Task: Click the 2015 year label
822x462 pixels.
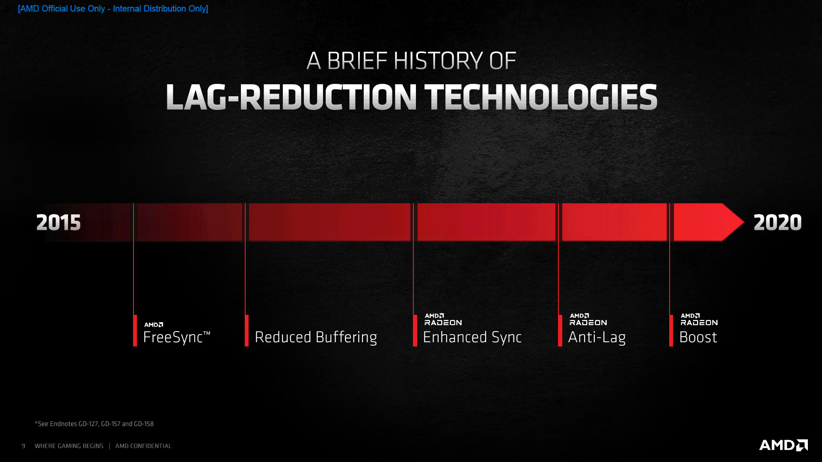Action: click(59, 222)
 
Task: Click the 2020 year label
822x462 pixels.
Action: click(777, 222)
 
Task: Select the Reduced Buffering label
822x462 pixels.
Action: click(316, 337)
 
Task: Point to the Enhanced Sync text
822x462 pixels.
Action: click(472, 337)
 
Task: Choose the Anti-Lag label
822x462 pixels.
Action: click(596, 337)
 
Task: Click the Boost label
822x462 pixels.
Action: click(698, 337)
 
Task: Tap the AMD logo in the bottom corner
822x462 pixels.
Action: click(783, 445)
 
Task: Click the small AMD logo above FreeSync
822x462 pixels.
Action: click(154, 325)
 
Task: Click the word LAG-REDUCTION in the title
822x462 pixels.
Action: click(291, 97)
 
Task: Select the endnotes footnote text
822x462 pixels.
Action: click(94, 424)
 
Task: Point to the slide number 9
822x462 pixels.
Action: click(24, 446)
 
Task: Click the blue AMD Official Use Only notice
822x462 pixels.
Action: click(113, 9)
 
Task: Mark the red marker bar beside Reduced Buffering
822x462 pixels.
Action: click(247, 331)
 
